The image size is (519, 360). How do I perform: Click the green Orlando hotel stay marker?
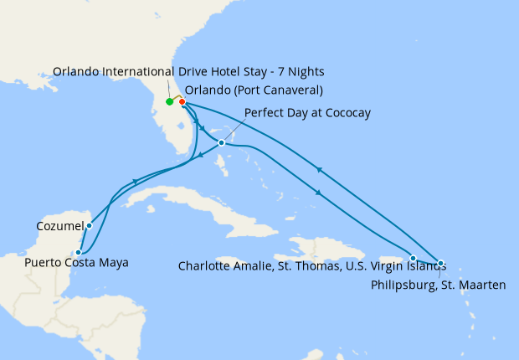point(170,102)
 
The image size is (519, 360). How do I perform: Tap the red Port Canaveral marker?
point(182,102)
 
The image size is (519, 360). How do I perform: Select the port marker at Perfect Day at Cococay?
point(221,142)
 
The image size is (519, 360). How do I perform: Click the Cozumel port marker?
point(89,225)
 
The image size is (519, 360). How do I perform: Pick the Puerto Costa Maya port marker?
point(79,251)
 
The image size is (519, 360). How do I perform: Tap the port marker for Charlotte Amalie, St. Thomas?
point(414,258)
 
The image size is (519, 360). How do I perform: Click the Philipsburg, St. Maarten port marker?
point(441,263)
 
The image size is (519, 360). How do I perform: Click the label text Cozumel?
point(60,226)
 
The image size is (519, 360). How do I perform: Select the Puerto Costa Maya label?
point(77,263)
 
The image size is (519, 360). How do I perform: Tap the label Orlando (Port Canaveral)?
point(254,90)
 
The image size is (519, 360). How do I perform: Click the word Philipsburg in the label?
point(399,285)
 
